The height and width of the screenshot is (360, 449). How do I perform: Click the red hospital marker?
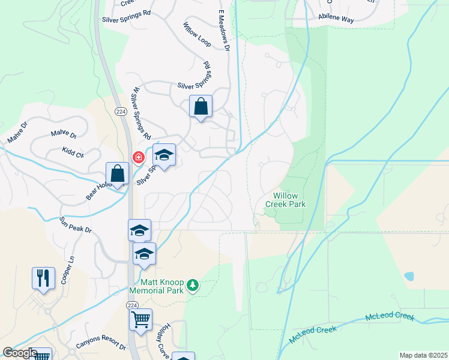(x=139, y=158)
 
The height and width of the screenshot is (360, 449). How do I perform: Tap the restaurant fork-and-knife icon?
(x=43, y=278)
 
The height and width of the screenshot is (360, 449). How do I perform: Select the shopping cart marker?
(x=140, y=319)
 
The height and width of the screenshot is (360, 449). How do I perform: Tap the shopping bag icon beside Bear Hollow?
(x=118, y=173)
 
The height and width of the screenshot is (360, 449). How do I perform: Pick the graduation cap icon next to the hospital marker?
(x=164, y=155)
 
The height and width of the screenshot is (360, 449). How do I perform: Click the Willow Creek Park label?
(x=289, y=200)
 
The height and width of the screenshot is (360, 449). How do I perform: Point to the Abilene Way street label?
(x=336, y=18)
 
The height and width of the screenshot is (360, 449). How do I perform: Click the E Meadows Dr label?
(x=223, y=31)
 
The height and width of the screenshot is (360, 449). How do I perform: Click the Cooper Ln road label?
(x=66, y=271)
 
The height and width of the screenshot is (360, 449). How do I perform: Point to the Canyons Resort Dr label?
(x=101, y=346)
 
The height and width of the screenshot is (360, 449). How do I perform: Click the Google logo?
(x=19, y=353)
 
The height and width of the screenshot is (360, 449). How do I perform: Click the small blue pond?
(x=409, y=277)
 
